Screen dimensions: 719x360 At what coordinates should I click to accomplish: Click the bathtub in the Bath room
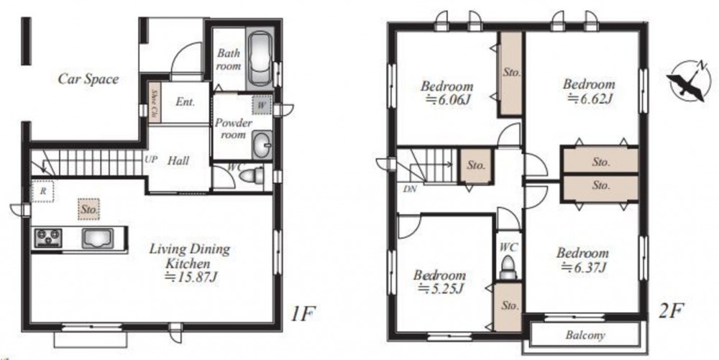point(260,60)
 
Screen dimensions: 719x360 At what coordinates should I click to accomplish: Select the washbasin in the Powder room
point(262,144)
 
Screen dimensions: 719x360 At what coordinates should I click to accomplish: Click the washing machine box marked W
point(262,105)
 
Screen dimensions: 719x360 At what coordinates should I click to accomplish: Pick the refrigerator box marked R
point(43,191)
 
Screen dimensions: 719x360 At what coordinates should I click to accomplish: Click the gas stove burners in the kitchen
point(48,238)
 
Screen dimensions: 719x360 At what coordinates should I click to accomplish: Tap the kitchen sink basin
point(97,239)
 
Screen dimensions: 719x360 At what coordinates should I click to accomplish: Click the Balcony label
point(585,335)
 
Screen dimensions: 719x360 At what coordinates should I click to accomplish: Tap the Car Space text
point(88,79)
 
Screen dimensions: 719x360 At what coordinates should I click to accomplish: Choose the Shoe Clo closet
point(154,103)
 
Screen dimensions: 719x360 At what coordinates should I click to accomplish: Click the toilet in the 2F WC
point(508,268)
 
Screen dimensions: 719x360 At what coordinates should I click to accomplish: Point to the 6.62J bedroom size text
point(590,98)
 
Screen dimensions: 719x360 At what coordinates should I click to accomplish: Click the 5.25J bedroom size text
point(441,289)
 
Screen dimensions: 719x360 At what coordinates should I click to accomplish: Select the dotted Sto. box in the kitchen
point(88,210)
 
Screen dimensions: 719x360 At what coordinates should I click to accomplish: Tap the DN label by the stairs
point(410,188)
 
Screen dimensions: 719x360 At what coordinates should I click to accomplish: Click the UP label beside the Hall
point(150,160)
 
